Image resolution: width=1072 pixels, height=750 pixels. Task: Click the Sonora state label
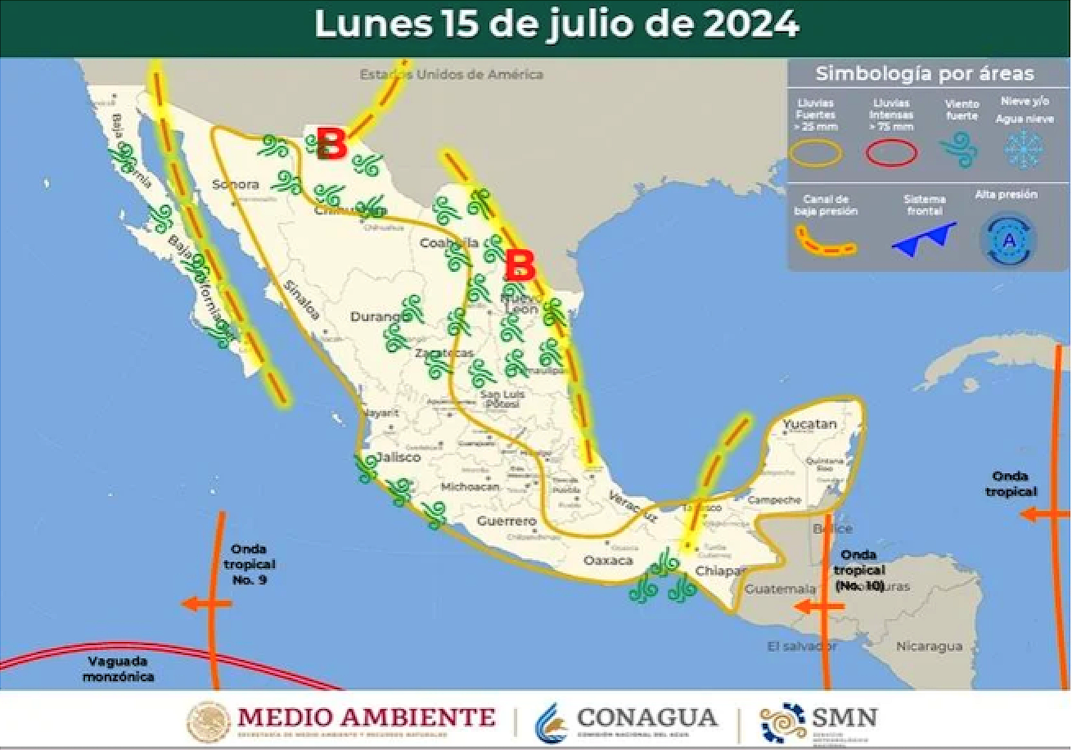[235, 184]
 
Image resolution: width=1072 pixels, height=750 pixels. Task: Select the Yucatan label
[809, 424]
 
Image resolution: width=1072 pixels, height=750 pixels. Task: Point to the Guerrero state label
[507, 521]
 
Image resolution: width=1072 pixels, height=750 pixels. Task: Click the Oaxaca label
[608, 561]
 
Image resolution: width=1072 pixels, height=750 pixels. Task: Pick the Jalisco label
[398, 457]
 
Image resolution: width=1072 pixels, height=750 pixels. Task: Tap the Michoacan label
[470, 487]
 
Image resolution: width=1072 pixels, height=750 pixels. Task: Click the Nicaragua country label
[929, 647]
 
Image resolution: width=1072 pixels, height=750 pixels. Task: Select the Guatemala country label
[780, 589]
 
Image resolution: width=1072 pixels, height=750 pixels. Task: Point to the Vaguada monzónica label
[118, 669]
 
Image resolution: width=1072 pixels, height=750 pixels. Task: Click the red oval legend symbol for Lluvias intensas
[891, 153]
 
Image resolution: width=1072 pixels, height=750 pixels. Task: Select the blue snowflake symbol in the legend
[1023, 150]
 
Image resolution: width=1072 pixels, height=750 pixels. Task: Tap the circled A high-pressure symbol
[1008, 241]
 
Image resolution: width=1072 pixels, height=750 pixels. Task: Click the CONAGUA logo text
[646, 718]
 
